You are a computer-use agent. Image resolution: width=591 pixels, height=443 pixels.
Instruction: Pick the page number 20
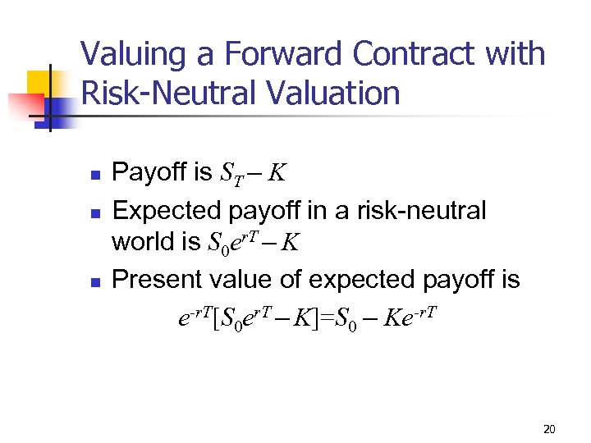click(549, 429)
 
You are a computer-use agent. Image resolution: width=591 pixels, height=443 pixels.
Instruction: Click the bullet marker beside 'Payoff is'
click(95, 176)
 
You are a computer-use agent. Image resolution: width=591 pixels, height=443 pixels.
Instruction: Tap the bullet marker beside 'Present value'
click(95, 282)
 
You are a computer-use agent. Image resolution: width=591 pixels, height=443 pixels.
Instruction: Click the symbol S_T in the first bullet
click(232, 174)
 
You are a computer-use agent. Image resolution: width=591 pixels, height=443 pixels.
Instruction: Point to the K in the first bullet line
click(277, 173)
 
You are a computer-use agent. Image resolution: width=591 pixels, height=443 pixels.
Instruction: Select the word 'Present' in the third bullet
click(156, 280)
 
